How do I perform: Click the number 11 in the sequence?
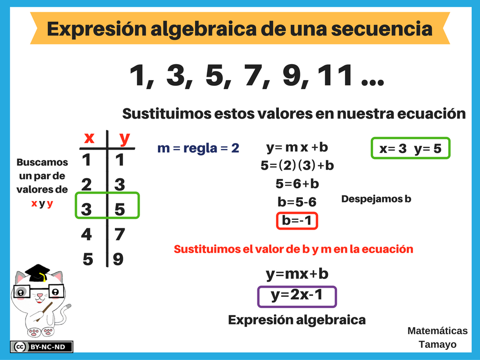coord(335,75)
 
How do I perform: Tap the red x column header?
coord(89,138)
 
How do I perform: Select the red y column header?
coord(125,139)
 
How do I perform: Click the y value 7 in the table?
coord(120,234)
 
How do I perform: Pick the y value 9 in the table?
coord(118,259)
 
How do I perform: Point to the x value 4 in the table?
coord(87,234)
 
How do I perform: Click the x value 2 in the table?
coord(87,185)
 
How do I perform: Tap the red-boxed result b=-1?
coord(297,220)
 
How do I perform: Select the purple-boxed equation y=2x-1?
coord(297,296)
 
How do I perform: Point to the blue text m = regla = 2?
coord(198,148)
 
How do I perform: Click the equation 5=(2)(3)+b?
coord(297,165)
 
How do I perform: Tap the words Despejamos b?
coord(376,199)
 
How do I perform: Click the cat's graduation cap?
coord(37,273)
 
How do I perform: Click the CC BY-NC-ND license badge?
coord(42,347)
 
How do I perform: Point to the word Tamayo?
coord(437,345)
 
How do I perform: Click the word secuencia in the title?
coord(382,29)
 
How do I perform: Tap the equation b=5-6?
coord(297,202)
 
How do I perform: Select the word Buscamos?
coord(42,162)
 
